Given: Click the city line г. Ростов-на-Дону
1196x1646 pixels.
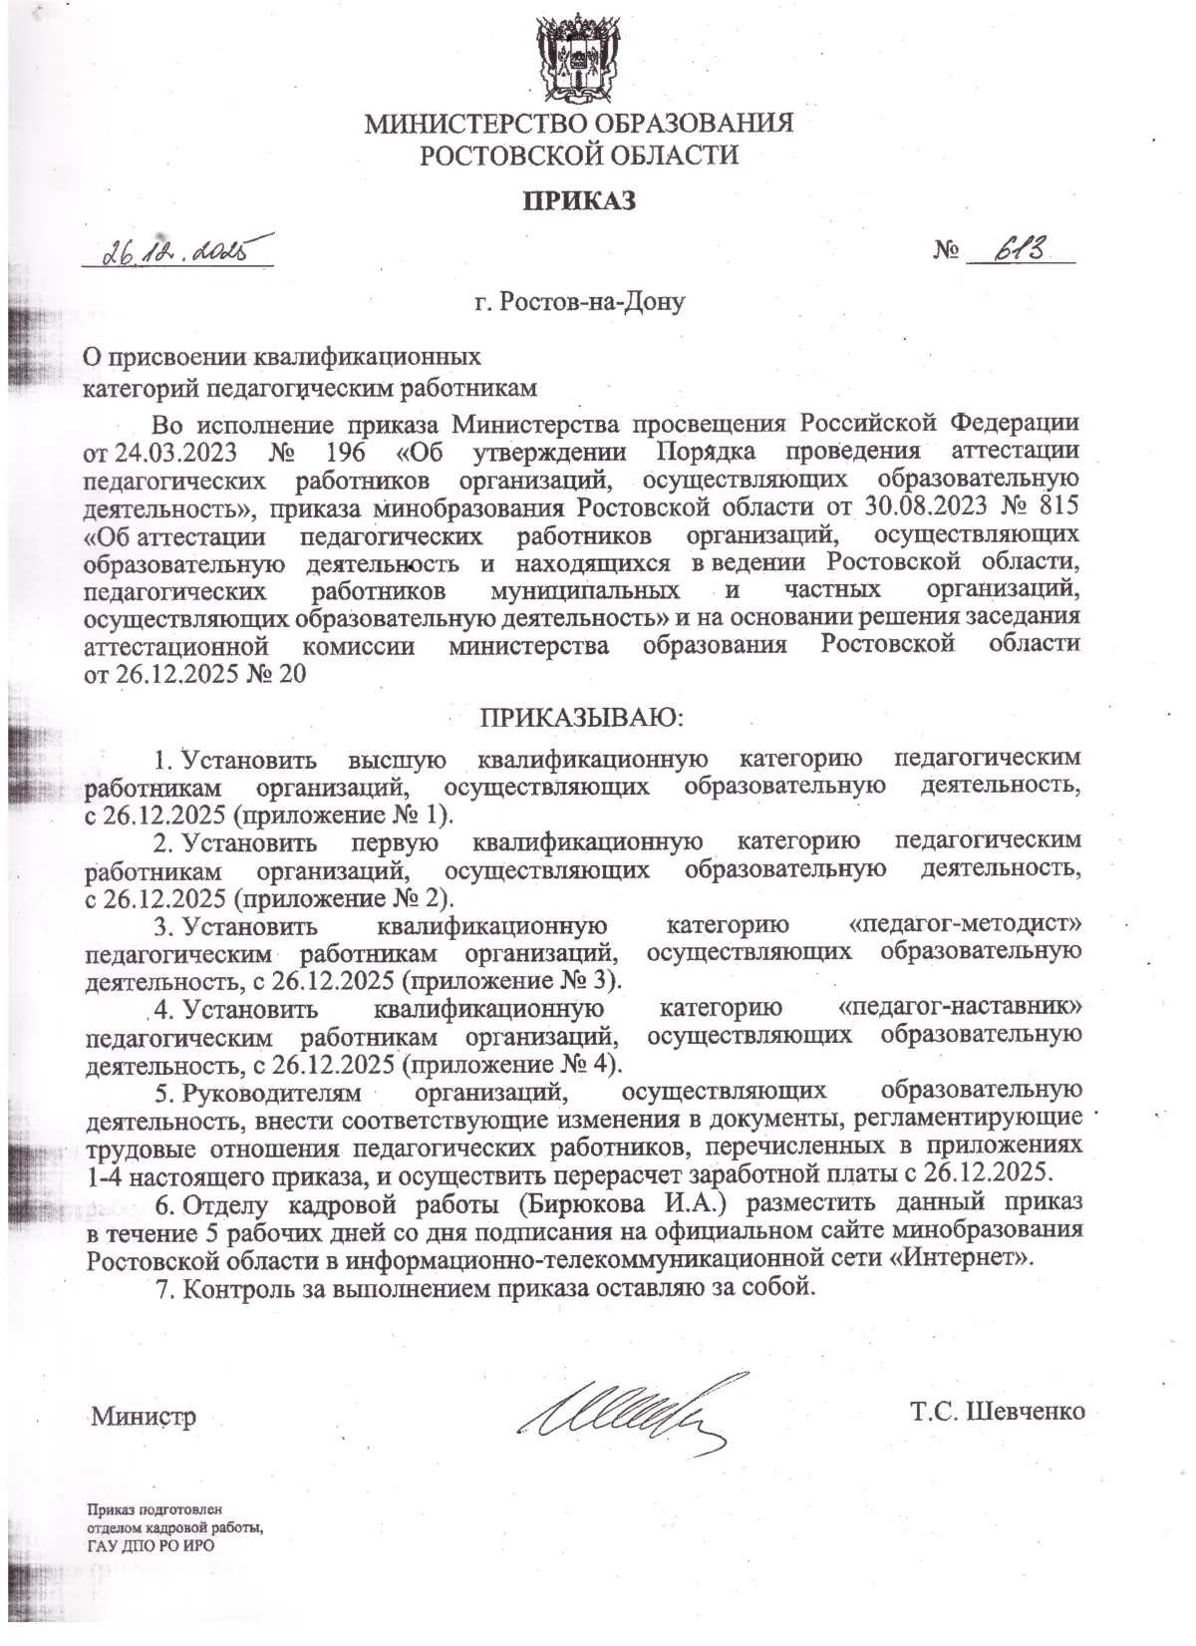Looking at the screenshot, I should [580, 300].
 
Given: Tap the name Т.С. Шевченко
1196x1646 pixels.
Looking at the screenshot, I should [996, 1413].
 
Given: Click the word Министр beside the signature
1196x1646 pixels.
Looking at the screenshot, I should [144, 1416].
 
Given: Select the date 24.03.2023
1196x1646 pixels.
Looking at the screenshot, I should [174, 451].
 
